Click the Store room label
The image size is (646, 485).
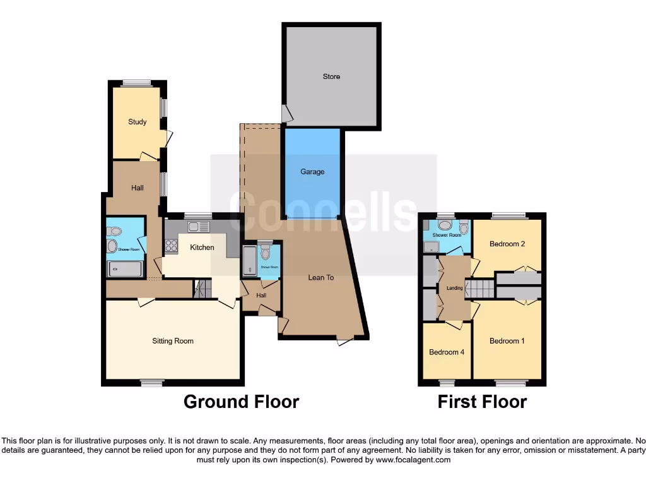coord(331,76)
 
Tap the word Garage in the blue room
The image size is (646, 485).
coord(312,172)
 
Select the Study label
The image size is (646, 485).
coord(138,122)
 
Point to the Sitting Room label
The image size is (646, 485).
coord(173,341)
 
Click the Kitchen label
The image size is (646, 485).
coord(202,248)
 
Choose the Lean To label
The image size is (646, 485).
coord(321,277)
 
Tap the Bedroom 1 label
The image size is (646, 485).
coord(507,341)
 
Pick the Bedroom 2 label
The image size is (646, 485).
coord(508,244)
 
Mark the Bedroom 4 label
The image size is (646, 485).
coord(447,352)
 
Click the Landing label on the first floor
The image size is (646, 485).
coord(454,288)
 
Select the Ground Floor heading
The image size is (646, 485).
coord(241,402)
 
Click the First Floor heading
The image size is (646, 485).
coord(482,402)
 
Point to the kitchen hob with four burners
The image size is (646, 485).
coord(171,246)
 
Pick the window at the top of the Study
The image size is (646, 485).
coord(137,82)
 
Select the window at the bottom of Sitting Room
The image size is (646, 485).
coord(151,383)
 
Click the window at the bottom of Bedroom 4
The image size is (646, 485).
coord(447,383)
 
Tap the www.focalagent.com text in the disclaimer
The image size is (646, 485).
coord(414,460)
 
